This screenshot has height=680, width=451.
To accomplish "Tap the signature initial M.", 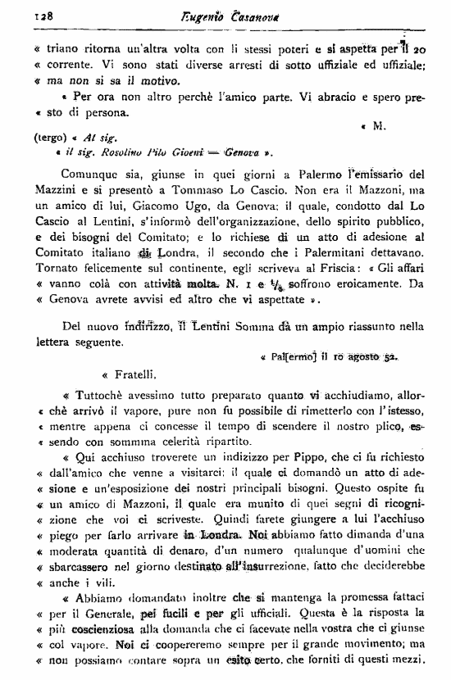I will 378,126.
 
